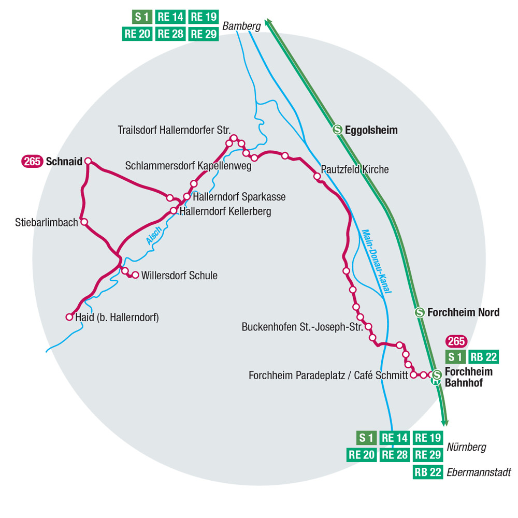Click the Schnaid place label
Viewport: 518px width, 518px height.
tap(64, 162)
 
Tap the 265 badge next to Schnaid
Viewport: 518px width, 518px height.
tap(32, 162)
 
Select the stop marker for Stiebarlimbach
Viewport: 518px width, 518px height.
tap(84, 222)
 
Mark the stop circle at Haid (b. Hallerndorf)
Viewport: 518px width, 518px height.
tap(69, 317)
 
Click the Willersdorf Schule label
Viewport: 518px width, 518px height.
tap(179, 276)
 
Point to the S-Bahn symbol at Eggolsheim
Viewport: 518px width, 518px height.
tap(337, 130)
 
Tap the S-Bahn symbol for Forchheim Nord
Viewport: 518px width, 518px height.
tap(420, 312)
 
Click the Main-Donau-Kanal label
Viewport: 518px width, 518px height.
tap(376, 261)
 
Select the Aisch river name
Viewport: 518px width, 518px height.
tap(154, 236)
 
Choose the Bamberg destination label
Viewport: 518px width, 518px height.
tap(241, 25)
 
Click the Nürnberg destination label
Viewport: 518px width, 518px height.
tap(467, 447)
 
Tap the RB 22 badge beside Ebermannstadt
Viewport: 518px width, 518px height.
tap(428, 472)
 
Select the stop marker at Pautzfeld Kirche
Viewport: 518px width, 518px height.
tap(317, 177)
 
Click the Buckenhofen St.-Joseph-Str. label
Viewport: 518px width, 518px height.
tap(302, 327)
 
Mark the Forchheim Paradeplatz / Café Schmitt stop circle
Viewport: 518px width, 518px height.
tap(413, 375)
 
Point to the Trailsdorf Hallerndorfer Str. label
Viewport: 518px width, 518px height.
tap(174, 129)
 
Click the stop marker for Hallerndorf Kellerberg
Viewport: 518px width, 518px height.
tap(174, 211)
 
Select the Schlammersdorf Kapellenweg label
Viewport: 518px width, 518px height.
tap(188, 166)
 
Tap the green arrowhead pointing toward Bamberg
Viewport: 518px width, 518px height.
tap(268, 22)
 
